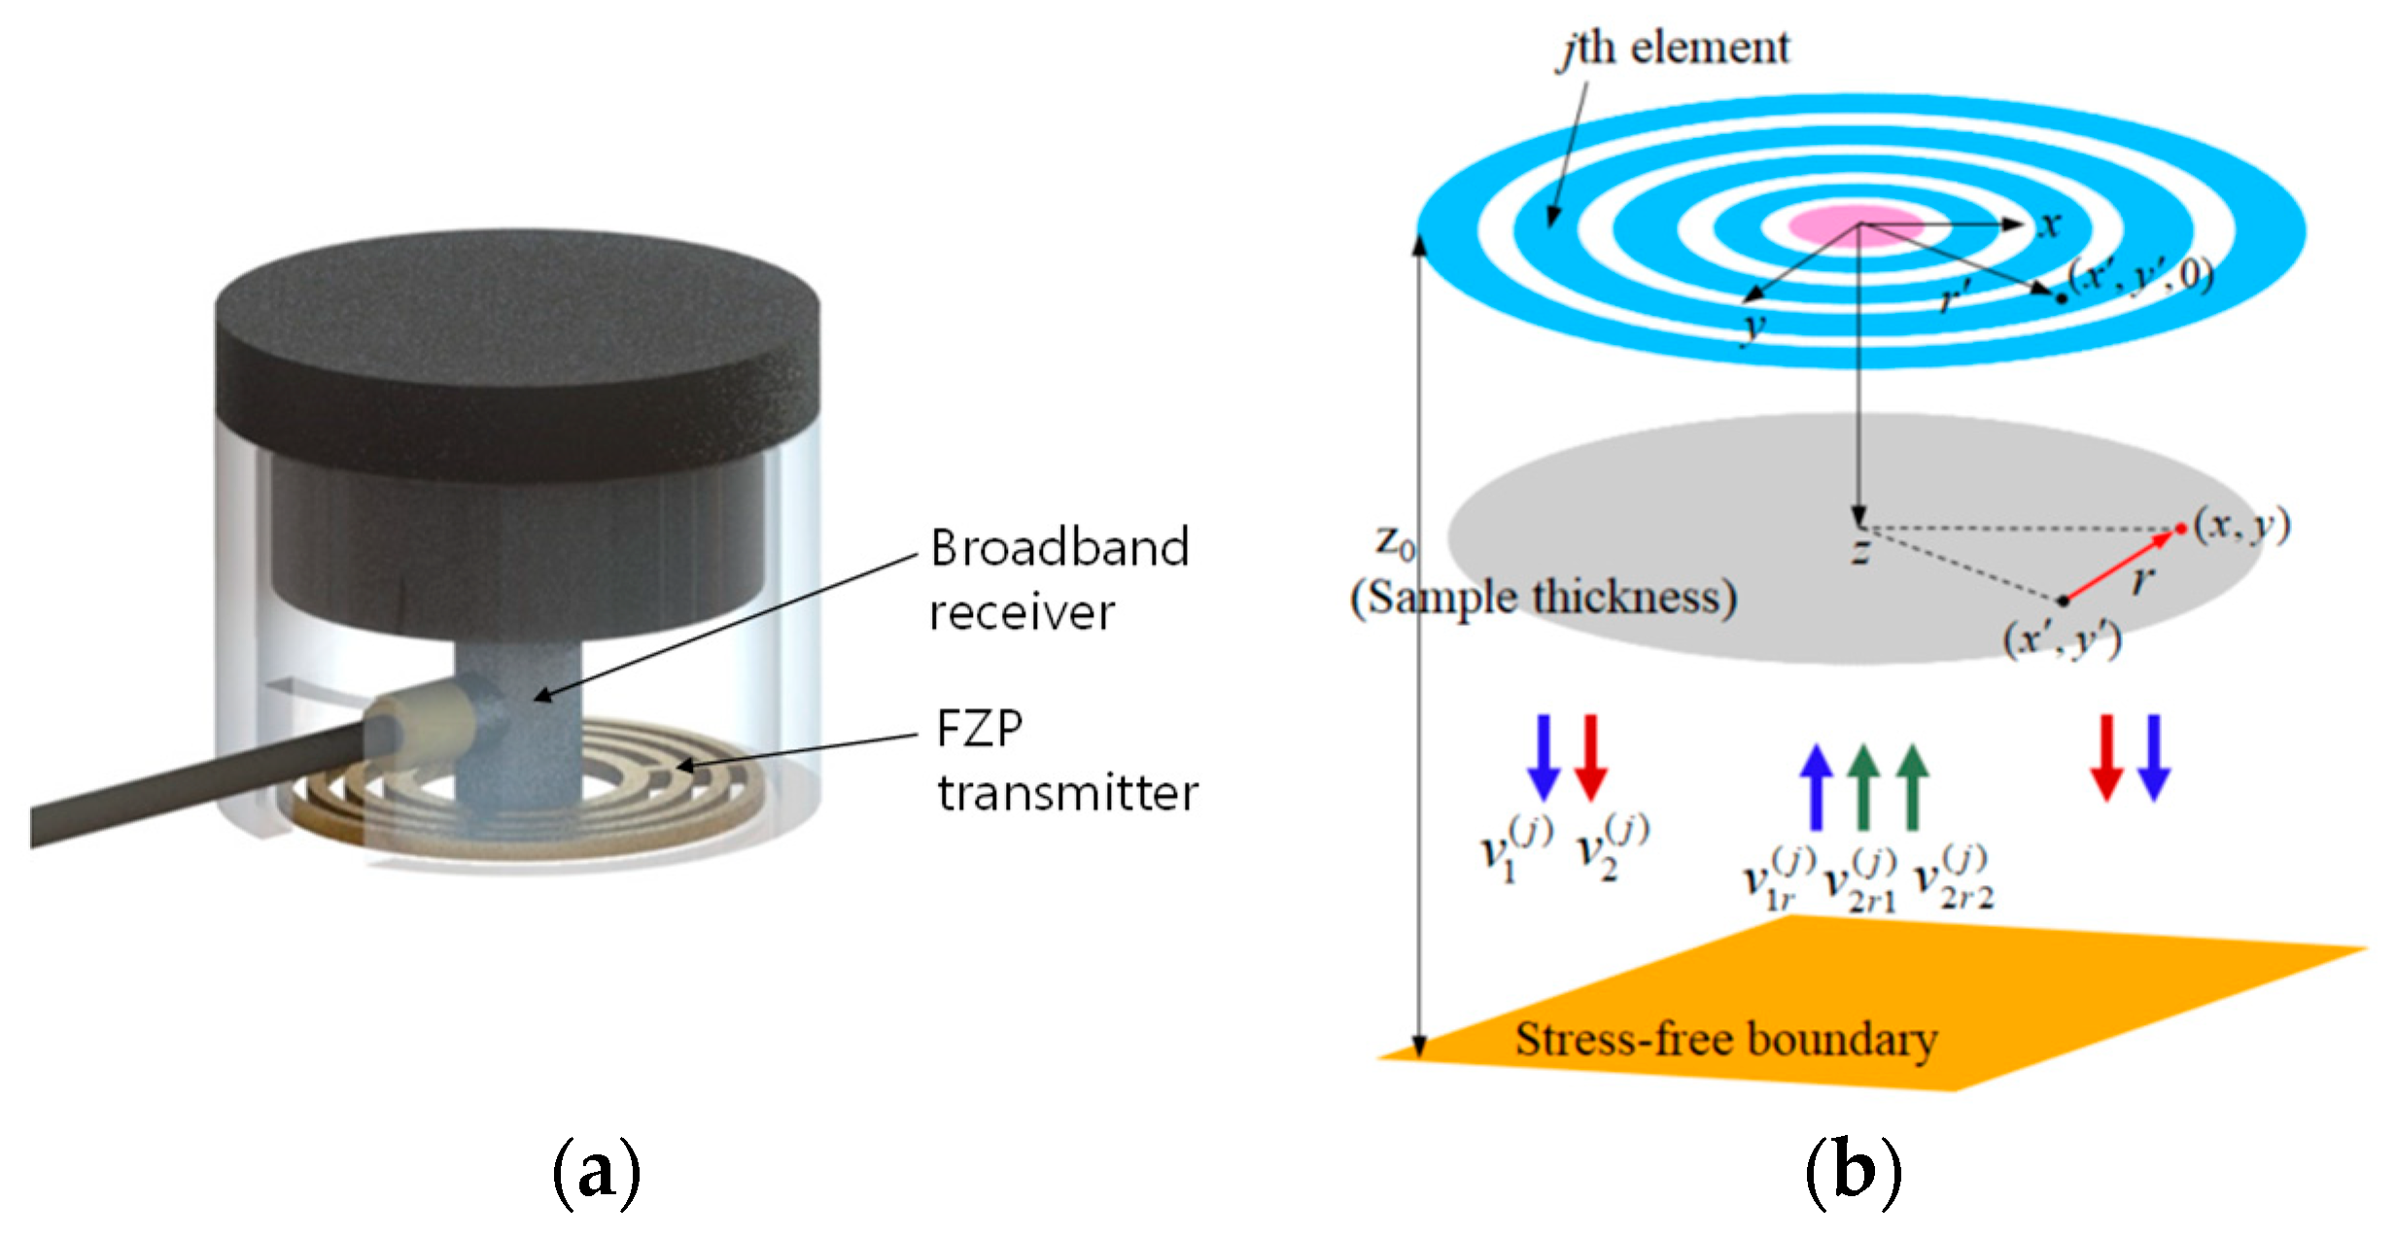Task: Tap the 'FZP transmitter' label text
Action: [1066, 761]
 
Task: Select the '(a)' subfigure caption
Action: [596, 1173]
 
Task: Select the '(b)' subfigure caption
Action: [1853, 1173]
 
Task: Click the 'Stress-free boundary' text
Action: [1726, 1039]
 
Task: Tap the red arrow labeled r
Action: [2119, 566]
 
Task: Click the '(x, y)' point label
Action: [2241, 526]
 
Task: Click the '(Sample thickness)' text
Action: [1543, 598]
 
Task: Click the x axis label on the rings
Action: [2049, 224]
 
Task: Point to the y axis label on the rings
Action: [1752, 327]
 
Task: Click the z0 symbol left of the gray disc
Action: [1395, 541]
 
